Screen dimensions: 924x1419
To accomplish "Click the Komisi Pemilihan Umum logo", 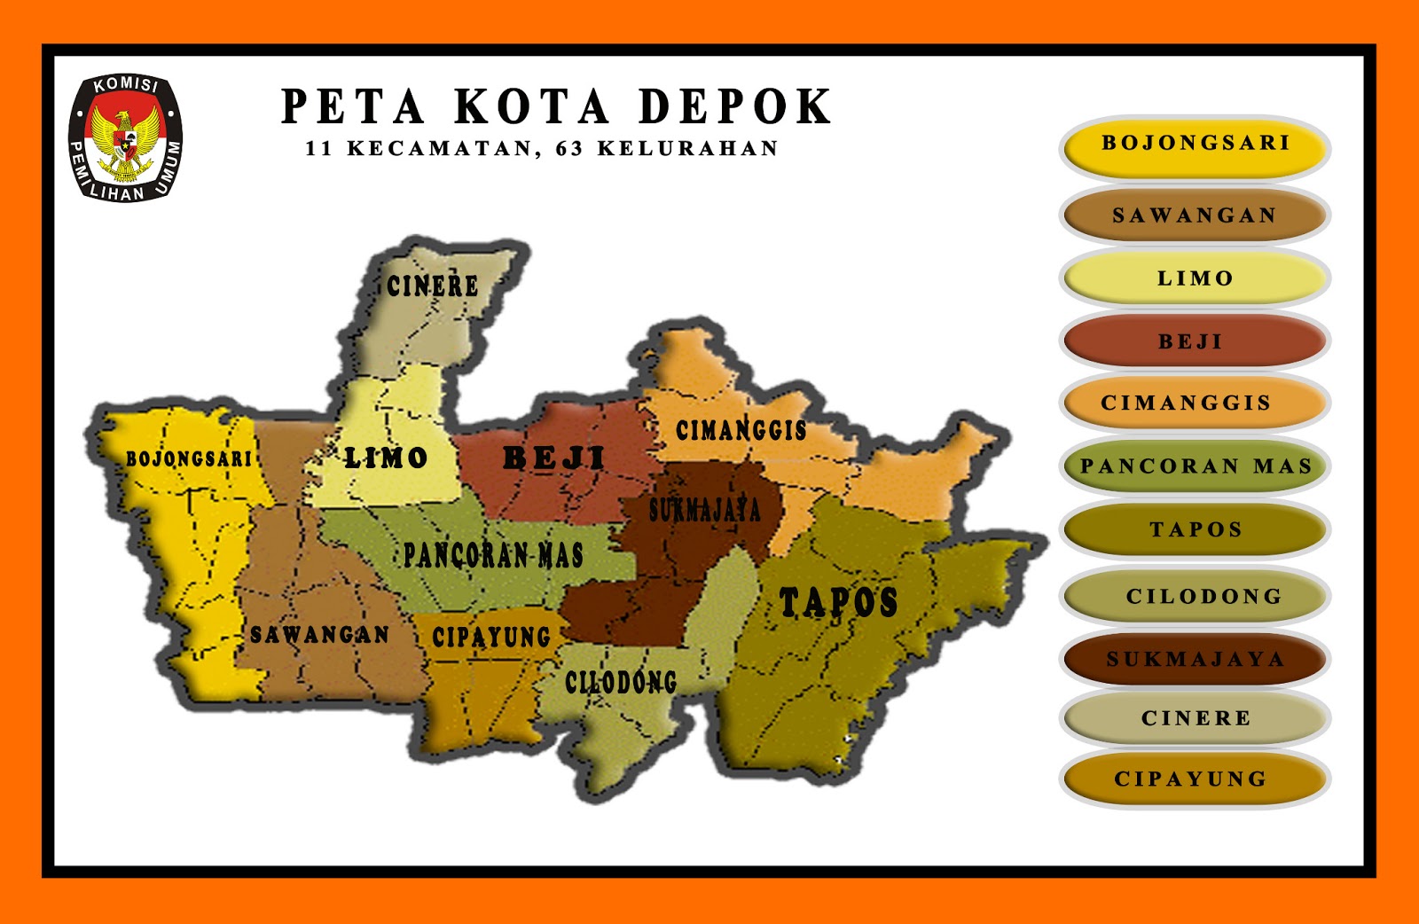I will (x=125, y=137).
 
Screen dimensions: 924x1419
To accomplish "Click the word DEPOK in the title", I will (x=735, y=107).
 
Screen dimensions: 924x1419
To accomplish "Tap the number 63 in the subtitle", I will (x=569, y=149).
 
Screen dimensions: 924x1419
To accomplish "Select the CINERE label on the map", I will (x=433, y=286).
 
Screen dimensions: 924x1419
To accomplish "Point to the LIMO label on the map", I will (x=386, y=458).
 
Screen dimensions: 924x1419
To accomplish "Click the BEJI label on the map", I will (x=554, y=458).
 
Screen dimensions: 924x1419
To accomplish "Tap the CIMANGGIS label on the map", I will (x=741, y=431).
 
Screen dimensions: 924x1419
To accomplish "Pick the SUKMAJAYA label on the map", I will (x=705, y=511).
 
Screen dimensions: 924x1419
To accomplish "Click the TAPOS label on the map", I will (x=838, y=602).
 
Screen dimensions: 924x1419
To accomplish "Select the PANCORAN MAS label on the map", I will (x=493, y=555).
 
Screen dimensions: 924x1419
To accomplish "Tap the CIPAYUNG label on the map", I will (x=491, y=637).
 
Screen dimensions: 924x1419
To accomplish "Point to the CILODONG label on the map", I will (x=621, y=682).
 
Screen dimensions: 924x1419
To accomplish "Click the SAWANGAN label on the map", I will (x=319, y=635).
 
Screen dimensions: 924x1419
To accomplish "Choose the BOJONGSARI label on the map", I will (x=189, y=458).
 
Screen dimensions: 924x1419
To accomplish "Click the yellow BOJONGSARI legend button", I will (x=1195, y=145).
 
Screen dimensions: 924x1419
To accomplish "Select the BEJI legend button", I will (x=1195, y=341).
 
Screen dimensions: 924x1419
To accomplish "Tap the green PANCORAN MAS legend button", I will (x=1195, y=466).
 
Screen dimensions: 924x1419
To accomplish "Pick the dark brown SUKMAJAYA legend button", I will (x=1195, y=659).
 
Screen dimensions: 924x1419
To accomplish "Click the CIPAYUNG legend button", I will (x=1195, y=779).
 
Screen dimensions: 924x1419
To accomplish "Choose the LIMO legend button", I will (x=1195, y=278).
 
